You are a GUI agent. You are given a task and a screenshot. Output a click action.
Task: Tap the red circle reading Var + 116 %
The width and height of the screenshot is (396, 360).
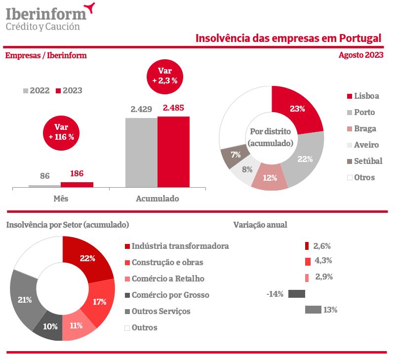[61, 133]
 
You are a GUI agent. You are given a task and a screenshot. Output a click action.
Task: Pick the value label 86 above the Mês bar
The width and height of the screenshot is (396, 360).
[44, 175]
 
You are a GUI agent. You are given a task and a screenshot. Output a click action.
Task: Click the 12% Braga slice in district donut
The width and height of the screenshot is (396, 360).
[270, 178]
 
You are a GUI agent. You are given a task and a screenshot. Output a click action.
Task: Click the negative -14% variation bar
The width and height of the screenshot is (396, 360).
[296, 294]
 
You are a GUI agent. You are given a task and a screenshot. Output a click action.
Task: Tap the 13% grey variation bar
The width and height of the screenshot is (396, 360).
[313, 310]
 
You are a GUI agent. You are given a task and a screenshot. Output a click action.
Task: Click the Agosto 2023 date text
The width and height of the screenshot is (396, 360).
[360, 55]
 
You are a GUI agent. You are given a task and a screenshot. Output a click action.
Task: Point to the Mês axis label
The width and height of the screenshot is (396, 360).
[61, 199]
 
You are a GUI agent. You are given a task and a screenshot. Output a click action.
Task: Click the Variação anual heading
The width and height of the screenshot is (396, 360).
[260, 225]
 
